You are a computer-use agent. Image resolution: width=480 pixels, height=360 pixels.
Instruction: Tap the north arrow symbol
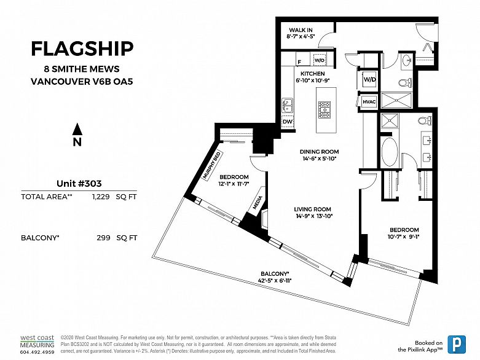click(x=77, y=129)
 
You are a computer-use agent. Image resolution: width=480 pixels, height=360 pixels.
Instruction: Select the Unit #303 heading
click(x=79, y=183)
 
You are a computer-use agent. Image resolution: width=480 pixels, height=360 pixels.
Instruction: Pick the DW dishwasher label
click(x=287, y=122)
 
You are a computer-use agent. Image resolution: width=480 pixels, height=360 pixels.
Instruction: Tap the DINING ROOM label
click(x=319, y=152)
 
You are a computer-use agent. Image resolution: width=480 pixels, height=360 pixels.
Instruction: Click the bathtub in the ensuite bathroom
click(x=389, y=151)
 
